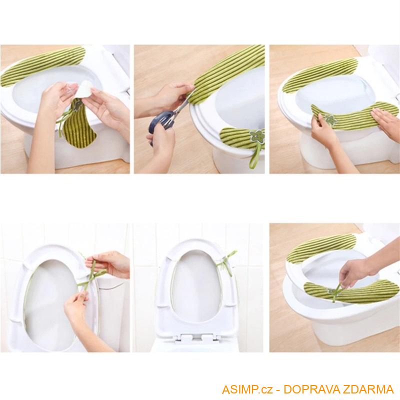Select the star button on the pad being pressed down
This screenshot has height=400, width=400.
coord(330,119)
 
